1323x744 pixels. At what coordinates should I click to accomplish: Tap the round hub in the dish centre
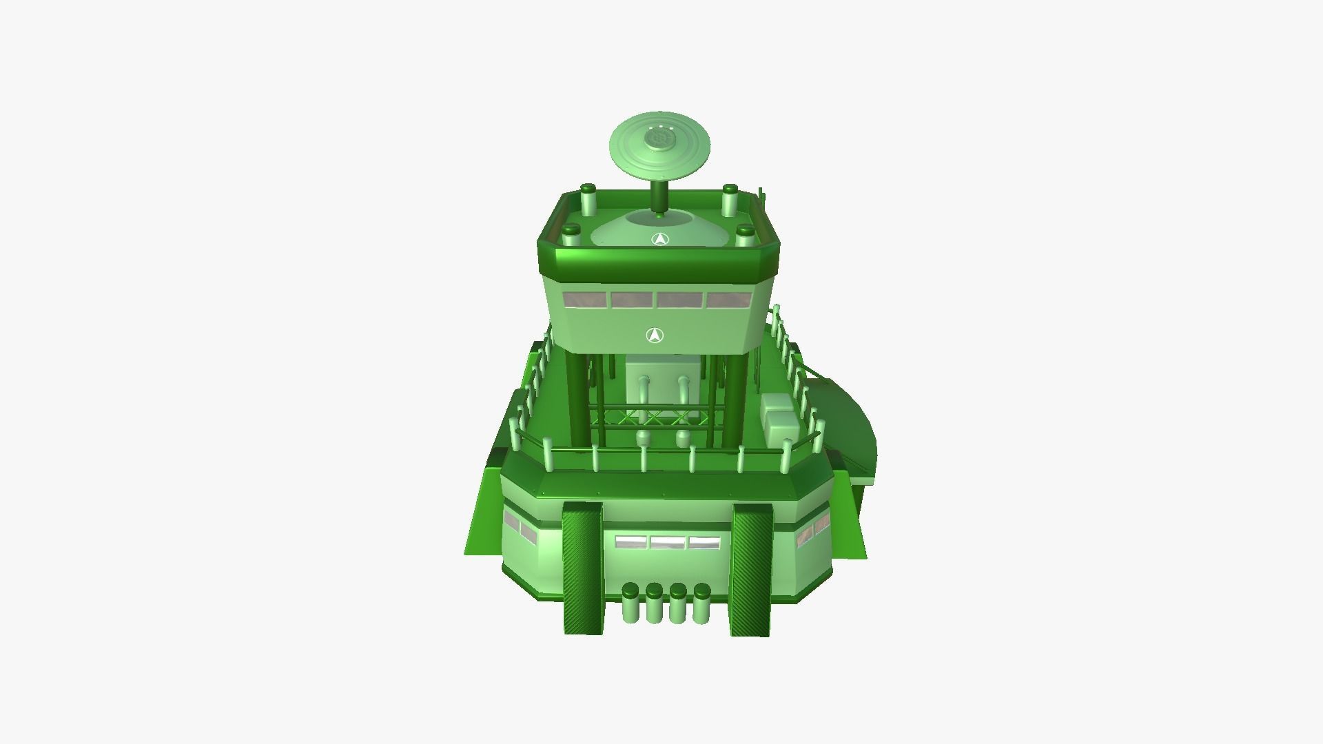pyautogui.click(x=659, y=140)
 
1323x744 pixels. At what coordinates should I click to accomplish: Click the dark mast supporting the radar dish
pyautogui.click(x=659, y=198)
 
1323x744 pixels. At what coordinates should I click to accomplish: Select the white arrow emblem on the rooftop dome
pyautogui.click(x=660, y=239)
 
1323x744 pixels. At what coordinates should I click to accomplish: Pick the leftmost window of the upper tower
pyautogui.click(x=585, y=300)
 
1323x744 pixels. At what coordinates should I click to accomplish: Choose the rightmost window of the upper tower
pyautogui.click(x=729, y=300)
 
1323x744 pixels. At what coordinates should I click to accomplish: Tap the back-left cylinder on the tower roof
pyautogui.click(x=588, y=200)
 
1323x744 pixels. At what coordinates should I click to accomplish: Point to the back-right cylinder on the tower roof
pyautogui.click(x=730, y=200)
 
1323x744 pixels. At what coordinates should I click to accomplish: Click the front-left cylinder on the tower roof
pyautogui.click(x=571, y=237)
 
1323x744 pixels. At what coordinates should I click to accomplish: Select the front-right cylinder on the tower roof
pyautogui.click(x=745, y=236)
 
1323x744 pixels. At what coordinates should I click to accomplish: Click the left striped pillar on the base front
pyautogui.click(x=582, y=568)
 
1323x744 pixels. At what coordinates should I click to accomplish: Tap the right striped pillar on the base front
pyautogui.click(x=752, y=570)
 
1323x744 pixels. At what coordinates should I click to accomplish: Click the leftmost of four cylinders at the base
pyautogui.click(x=630, y=603)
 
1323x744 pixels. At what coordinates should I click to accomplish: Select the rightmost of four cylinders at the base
pyautogui.click(x=701, y=603)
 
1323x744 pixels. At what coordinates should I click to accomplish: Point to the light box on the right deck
pyautogui.click(x=781, y=420)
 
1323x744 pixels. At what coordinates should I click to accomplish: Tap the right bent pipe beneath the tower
pyautogui.click(x=683, y=393)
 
